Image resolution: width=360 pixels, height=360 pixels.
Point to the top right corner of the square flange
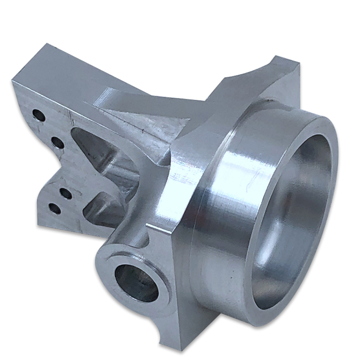coord(288,60)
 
